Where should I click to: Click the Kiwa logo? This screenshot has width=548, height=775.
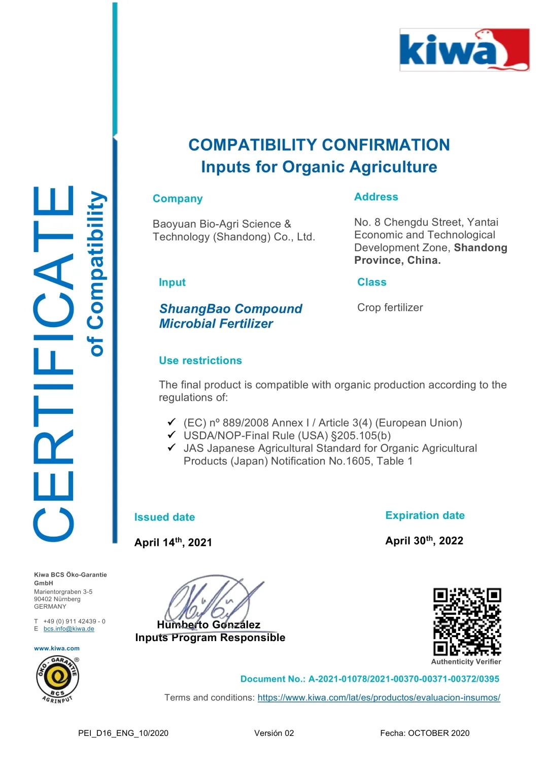[464, 50]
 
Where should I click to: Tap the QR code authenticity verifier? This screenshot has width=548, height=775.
[467, 622]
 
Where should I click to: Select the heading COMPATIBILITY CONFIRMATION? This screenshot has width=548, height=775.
[319, 145]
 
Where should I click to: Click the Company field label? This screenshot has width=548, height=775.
[178, 199]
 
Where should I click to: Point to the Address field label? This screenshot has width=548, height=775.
[376, 197]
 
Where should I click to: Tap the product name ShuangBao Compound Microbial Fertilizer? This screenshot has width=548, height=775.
[230, 316]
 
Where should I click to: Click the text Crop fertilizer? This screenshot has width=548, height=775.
[390, 307]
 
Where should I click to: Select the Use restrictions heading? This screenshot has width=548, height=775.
[200, 361]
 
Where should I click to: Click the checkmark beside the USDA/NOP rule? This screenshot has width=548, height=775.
[172, 435]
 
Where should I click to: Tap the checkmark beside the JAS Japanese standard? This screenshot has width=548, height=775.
[172, 448]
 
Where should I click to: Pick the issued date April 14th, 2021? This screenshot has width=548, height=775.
[173, 542]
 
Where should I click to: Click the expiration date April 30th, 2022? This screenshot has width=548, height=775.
[424, 541]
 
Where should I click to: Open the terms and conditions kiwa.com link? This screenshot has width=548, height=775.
[379, 697]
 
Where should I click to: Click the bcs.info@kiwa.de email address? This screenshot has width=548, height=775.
[69, 629]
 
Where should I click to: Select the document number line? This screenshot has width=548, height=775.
[369, 679]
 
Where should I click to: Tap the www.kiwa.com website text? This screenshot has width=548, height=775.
[57, 648]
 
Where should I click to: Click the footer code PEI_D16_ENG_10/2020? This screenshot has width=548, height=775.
[123, 733]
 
